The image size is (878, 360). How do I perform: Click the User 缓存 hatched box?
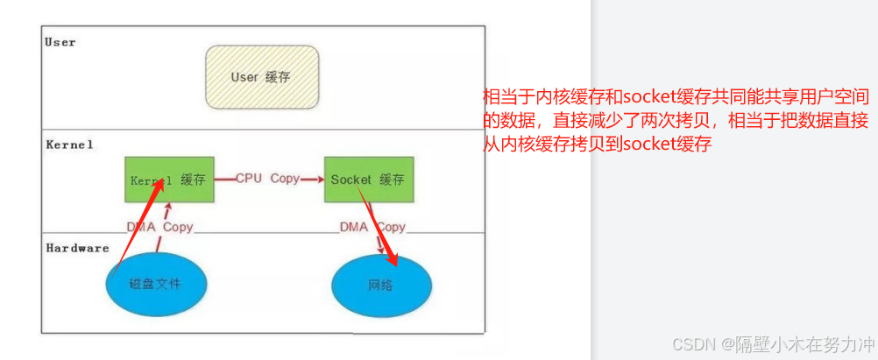261,77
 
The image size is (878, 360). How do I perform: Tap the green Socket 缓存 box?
368,180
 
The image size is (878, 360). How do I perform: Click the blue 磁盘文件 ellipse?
157,284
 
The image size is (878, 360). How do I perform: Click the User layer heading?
60,41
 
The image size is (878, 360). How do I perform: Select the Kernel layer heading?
69,144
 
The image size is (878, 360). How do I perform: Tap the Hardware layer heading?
77,248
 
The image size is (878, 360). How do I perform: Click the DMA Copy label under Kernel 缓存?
159,227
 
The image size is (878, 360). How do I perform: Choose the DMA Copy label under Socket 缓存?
372,227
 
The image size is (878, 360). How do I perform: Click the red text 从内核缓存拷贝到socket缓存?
596,144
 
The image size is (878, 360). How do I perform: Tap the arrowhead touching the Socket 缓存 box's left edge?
320,179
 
